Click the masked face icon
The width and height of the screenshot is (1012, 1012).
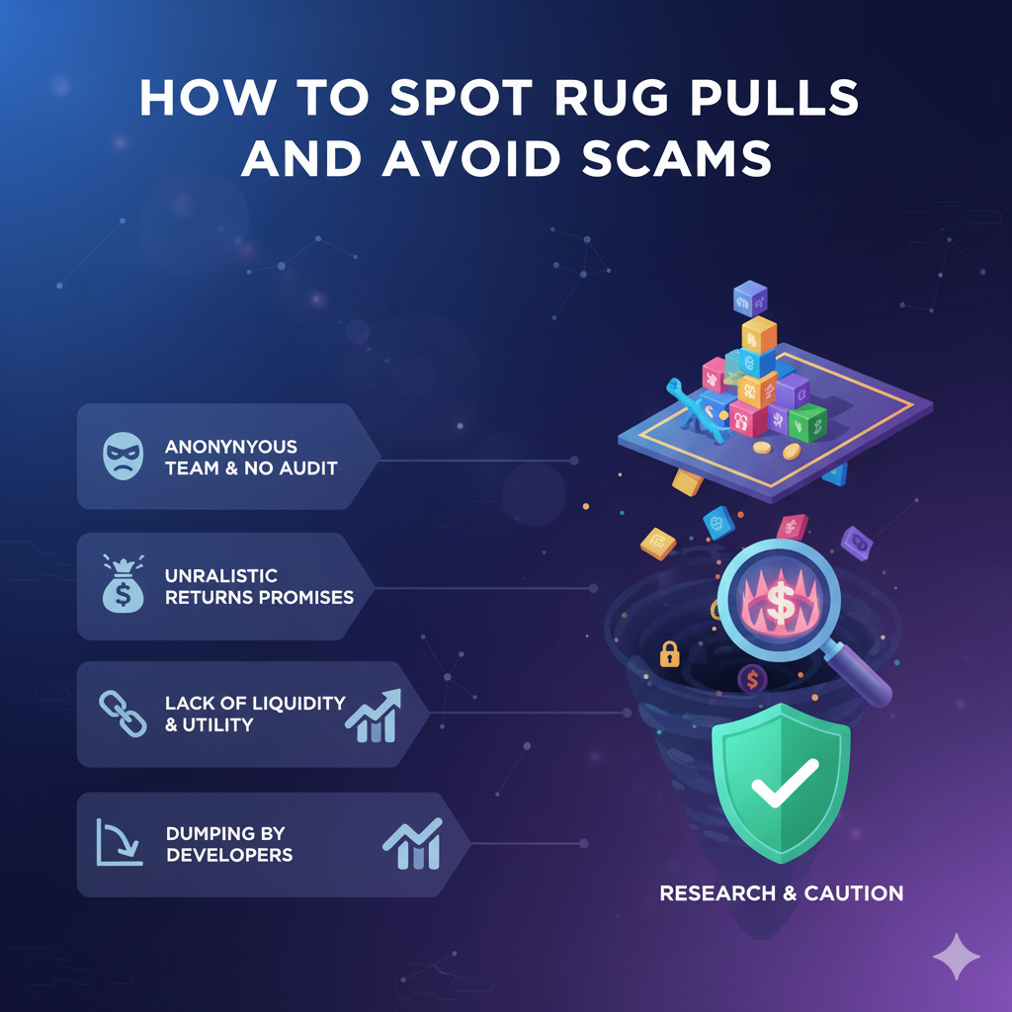point(124,457)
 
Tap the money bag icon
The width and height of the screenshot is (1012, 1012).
point(124,585)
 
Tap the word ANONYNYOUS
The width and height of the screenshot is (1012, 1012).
point(231,446)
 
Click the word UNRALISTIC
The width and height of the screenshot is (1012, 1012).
point(221,575)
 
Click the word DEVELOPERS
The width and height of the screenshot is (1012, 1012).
point(229,854)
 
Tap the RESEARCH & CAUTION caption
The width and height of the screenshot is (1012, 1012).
point(781,893)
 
